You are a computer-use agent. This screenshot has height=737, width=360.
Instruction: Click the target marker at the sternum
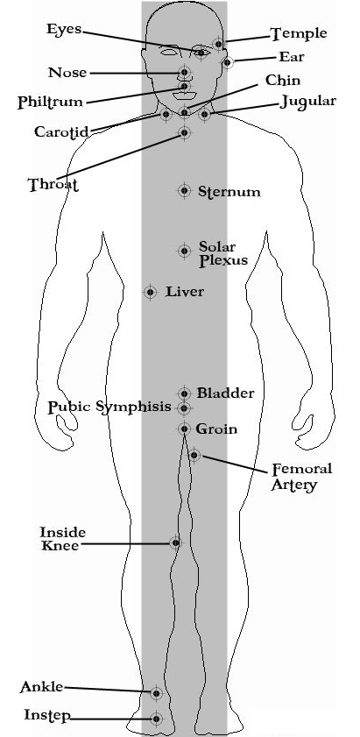(184, 190)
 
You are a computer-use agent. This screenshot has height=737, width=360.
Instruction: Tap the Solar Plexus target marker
(184, 251)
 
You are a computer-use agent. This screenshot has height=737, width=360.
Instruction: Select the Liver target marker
(151, 292)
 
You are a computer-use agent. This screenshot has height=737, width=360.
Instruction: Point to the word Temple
(299, 33)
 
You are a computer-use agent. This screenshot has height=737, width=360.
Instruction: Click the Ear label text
(292, 57)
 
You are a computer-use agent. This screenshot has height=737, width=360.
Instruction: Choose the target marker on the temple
(218, 44)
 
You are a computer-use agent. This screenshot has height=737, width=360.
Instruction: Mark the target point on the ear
(227, 62)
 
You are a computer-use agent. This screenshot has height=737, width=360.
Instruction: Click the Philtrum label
(50, 102)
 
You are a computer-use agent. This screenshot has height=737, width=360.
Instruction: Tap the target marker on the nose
(185, 73)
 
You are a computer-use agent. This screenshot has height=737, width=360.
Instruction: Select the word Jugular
(308, 102)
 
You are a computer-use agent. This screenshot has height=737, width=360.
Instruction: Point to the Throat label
(53, 184)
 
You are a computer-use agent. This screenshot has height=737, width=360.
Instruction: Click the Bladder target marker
(184, 393)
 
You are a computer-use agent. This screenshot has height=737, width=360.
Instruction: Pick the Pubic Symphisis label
(109, 407)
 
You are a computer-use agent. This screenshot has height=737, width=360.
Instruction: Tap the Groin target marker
(184, 429)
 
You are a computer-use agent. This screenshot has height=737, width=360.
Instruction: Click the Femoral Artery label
(301, 477)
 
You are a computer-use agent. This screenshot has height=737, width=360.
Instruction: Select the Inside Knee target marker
(175, 542)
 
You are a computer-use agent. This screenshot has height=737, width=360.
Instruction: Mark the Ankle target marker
(157, 693)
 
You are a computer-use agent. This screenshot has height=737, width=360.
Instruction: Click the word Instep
(47, 716)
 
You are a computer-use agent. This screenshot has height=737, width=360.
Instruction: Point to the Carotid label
(61, 131)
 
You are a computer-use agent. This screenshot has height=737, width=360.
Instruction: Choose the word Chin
(283, 81)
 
